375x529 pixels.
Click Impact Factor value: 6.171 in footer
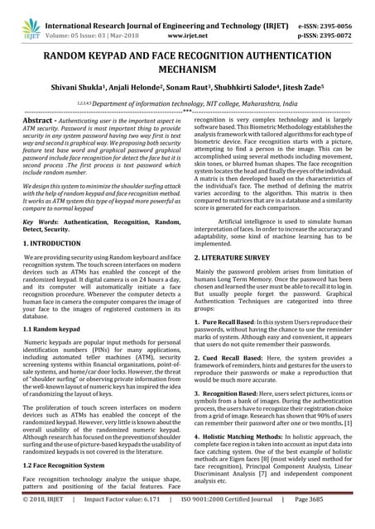coord(126,522)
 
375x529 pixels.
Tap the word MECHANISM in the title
coord(187,70)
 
